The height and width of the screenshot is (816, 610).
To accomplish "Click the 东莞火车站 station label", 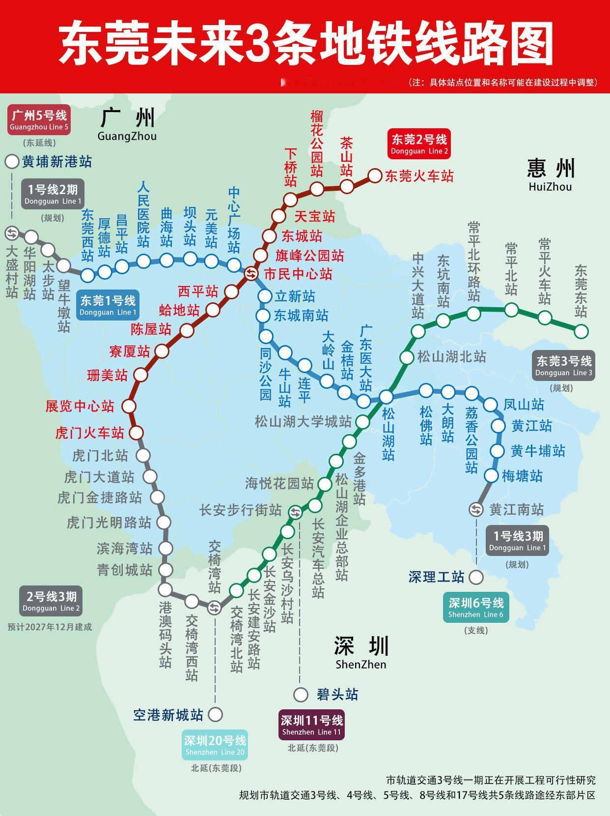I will pos(419,176).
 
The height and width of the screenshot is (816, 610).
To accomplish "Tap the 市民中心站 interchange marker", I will pos(250,274).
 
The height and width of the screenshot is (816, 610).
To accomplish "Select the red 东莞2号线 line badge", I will pos(419,144).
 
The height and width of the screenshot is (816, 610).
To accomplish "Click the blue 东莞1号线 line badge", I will pos(108,305).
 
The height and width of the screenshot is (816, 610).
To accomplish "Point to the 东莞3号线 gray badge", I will pos(564,365).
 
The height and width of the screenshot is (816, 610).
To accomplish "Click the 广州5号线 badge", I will pos(39,120).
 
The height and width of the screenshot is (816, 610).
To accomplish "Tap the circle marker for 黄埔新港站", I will pos(12,162).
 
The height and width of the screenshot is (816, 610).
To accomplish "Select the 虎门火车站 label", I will pos(89,433).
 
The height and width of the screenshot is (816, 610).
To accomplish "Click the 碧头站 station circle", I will pos(301,695).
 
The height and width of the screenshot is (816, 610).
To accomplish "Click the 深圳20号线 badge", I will pos(215,745).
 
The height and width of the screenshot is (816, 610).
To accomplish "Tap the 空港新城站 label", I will pos(168,715).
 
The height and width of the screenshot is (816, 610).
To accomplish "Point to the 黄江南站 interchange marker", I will pos(476,510).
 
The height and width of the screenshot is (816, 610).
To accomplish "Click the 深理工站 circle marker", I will pos(476,577).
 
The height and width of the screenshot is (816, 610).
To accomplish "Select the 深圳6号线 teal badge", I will pos(475,608).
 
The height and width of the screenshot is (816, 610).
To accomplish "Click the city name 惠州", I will pos(551,169).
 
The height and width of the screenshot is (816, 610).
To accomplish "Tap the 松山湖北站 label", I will pos(451,356).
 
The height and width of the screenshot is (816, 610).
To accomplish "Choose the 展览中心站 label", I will pos(80,406).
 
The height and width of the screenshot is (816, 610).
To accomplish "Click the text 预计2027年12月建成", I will pos(50,627).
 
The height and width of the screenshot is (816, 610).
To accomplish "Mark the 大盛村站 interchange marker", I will pos(12,233).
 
